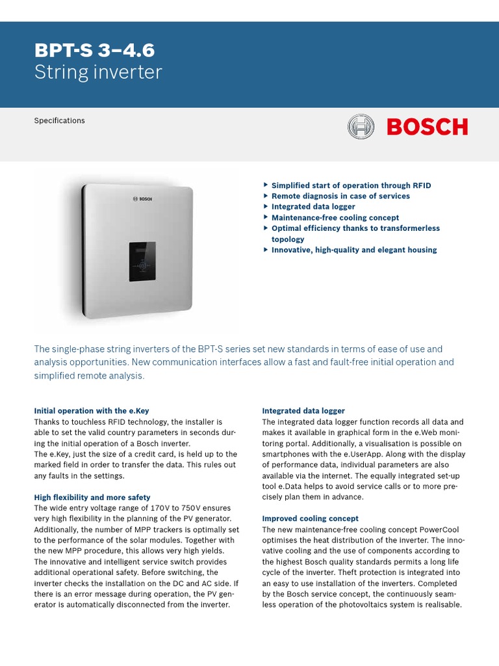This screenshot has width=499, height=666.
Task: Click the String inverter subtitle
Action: coord(97,72)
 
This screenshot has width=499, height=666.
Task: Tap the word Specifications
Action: coord(59,120)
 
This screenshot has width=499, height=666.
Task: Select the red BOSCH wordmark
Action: coord(427,127)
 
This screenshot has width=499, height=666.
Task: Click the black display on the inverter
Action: coord(142,261)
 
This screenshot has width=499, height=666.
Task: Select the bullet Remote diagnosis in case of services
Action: coord(340,196)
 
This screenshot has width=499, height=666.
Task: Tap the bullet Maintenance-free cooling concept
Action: coord(335,217)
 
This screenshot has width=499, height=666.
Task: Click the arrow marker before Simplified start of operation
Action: coord(266,185)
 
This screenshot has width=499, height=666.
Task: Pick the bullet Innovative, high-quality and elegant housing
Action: coord(353,250)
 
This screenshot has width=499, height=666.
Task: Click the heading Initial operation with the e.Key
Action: coord(92,411)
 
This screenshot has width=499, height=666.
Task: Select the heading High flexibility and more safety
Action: coord(92,497)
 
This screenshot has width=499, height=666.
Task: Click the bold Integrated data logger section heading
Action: coord(303,411)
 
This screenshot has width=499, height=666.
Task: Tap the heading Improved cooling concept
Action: coord(310,518)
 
